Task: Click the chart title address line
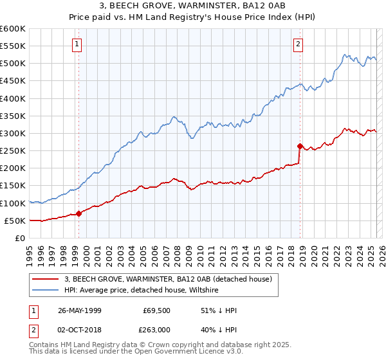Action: [193, 6]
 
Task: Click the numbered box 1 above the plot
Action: [77, 44]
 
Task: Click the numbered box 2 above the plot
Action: [299, 44]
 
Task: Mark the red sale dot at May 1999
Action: [79, 213]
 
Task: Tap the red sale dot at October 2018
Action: [300, 146]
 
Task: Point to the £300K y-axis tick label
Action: [13, 133]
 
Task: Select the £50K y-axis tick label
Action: [15, 221]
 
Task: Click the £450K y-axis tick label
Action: [13, 81]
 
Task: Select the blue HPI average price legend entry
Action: [141, 290]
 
